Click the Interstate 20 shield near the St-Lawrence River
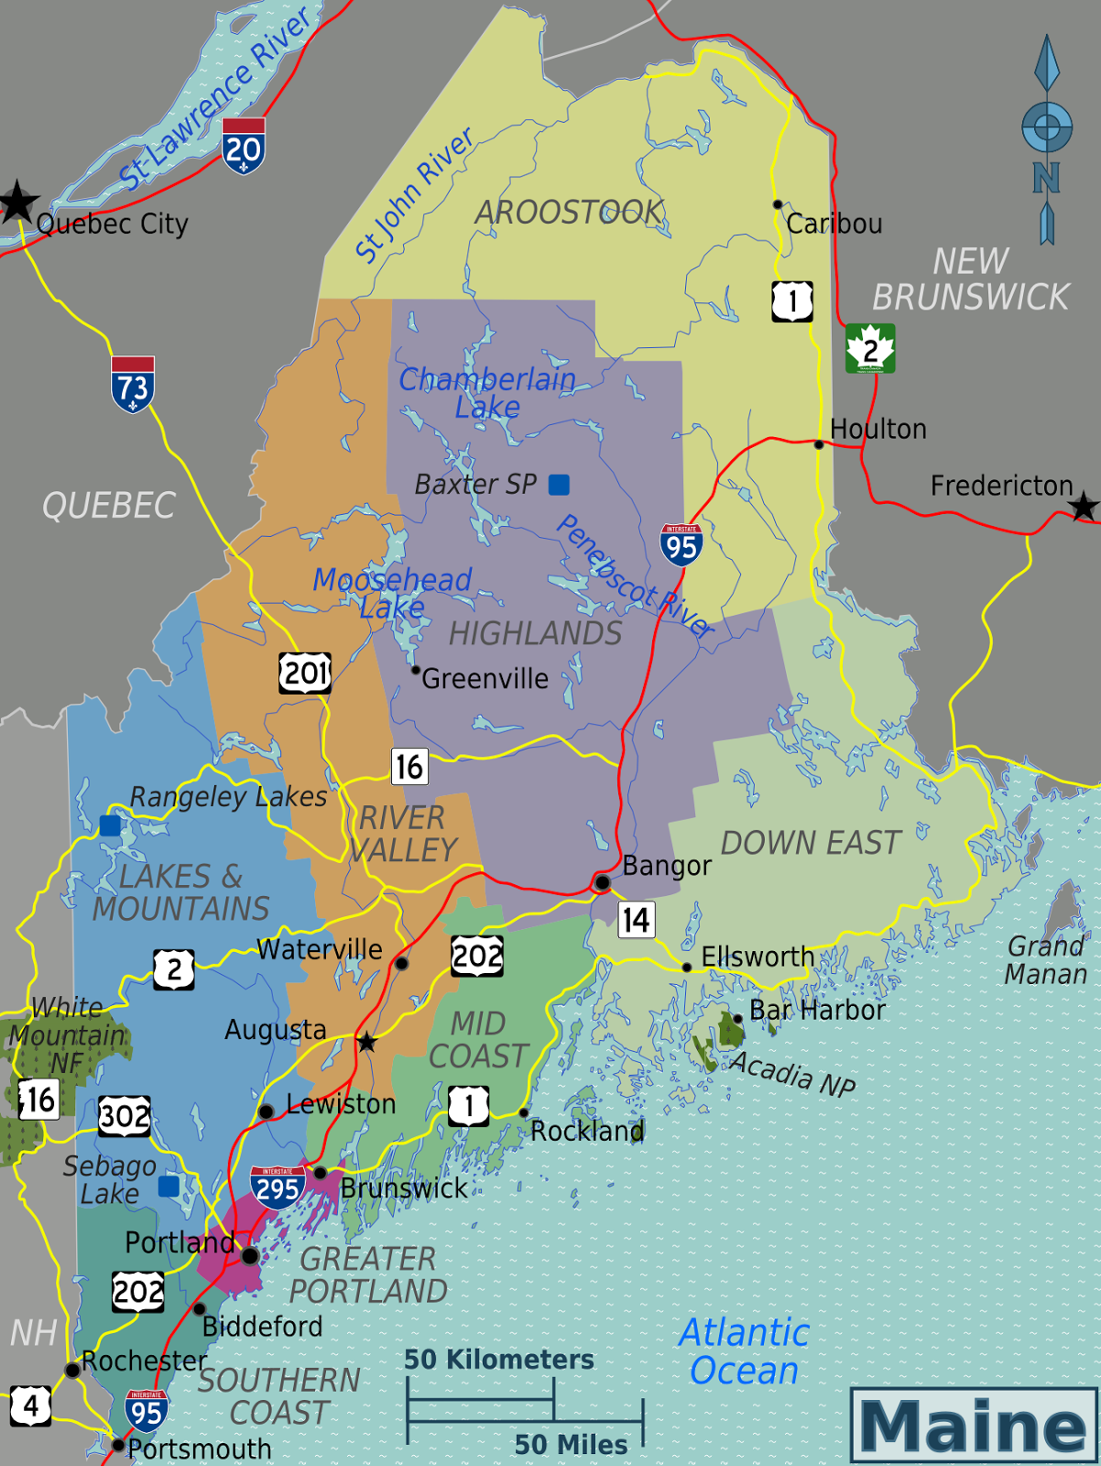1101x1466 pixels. click(x=243, y=146)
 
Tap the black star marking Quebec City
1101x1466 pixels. click(x=17, y=202)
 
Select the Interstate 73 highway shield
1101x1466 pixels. click(x=133, y=384)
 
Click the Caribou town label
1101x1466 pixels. click(x=834, y=224)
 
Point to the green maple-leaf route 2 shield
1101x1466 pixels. click(x=869, y=348)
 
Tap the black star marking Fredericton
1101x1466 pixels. click(x=1084, y=506)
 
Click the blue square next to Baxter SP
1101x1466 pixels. click(x=559, y=484)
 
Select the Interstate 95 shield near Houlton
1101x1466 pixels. click(x=681, y=544)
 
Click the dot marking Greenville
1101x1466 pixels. click(x=415, y=671)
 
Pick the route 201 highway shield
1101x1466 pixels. click(x=305, y=673)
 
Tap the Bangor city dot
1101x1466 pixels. click(x=602, y=882)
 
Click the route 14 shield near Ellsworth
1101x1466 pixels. click(x=636, y=919)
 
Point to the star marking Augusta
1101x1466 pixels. click(x=366, y=1042)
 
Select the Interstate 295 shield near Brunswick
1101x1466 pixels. click(x=277, y=1188)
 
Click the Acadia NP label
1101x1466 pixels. click(x=792, y=1073)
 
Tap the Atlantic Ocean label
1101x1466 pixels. click(x=743, y=1351)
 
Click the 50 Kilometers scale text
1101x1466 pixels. click(x=499, y=1360)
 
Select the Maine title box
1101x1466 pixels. click(x=973, y=1425)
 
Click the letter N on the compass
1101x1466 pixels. click(x=1046, y=178)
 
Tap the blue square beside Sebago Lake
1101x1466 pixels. click(x=169, y=1187)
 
